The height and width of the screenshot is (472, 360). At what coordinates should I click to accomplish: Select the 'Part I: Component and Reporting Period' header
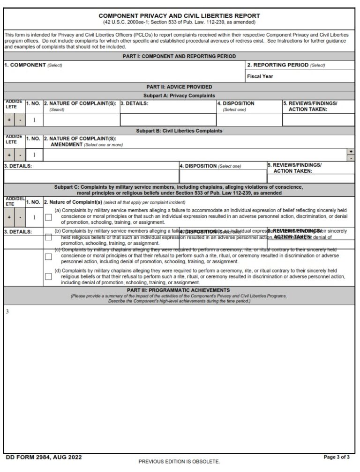point(179,56)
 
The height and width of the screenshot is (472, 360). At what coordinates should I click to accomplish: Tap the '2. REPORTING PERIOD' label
point(278,65)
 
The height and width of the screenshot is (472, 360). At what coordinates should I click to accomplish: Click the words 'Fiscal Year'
point(260,76)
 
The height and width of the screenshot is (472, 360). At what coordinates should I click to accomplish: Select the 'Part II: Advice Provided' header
point(179,87)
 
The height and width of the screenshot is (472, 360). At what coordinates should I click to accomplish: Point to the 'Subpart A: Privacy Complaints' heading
point(179,95)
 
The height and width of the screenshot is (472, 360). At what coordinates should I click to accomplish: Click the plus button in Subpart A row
point(9,120)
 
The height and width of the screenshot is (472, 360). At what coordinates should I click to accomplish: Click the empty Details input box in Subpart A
point(168,120)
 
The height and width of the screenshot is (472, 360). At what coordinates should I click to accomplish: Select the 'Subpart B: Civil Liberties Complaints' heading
point(179,131)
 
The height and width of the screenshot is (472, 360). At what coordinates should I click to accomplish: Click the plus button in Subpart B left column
point(9,155)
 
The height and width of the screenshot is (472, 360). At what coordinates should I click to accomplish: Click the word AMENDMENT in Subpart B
point(67,145)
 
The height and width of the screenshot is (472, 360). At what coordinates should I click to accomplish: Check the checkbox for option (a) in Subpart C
point(48,217)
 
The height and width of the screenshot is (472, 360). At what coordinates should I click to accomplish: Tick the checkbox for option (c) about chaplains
point(48,257)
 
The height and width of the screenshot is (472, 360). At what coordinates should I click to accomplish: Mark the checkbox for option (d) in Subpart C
point(48,276)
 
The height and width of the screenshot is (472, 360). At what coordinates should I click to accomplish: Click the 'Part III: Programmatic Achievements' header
point(179,290)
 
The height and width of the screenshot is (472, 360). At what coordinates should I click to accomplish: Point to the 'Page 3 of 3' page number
point(337,457)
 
